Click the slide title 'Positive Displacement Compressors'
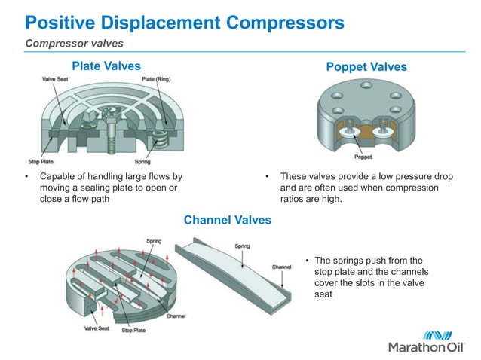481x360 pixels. tap(185, 22)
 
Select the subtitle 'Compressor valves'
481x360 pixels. tap(75, 43)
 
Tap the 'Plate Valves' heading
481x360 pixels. tap(106, 66)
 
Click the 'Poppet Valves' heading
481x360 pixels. tap(366, 67)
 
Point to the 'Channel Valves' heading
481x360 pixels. tap(227, 220)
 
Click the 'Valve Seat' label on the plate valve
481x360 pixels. tap(57, 78)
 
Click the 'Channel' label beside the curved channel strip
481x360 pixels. tap(281, 267)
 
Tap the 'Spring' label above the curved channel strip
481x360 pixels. tap(242, 246)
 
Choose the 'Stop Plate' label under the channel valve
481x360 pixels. tap(133, 329)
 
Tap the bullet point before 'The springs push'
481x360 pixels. tap(307, 262)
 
